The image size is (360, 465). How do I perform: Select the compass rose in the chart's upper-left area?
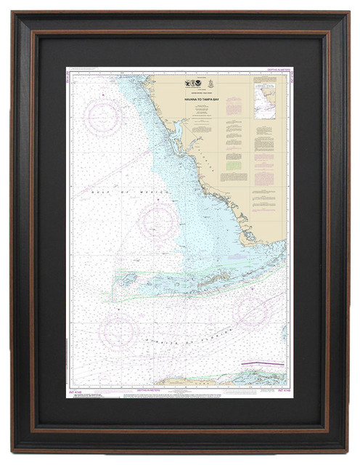coord(103,116)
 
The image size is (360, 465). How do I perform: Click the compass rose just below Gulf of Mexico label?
coord(158,222)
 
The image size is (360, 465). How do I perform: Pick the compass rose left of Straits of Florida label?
coord(119,331)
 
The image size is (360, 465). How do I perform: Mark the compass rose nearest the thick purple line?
coord(251,312)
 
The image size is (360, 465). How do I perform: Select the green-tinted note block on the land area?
coord(232,177)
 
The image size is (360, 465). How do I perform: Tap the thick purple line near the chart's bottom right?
coord(263,363)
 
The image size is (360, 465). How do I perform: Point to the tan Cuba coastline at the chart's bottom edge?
coord(218,380)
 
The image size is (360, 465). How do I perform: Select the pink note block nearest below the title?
coord(232,107)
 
